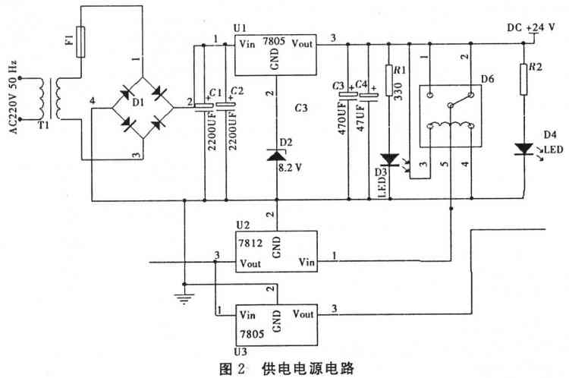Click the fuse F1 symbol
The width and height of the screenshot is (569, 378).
tap(80, 42)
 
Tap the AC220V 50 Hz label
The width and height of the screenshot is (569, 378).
tap(12, 97)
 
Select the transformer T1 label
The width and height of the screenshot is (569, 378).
tap(43, 125)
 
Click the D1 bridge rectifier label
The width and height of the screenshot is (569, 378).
tap(138, 102)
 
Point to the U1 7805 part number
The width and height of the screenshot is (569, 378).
tap(274, 41)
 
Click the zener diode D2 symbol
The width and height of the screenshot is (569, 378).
tap(276, 155)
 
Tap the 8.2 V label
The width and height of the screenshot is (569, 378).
tap(291, 168)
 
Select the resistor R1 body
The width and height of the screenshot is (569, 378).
tap(389, 80)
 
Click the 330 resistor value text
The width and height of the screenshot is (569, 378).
tap(398, 91)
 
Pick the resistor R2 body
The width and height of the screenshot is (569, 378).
tap(523, 79)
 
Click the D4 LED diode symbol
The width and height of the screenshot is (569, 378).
tap(523, 149)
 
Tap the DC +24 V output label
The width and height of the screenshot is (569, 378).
tap(531, 27)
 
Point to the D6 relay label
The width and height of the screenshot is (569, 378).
tap(487, 79)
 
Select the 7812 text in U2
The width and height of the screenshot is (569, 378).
tap(250, 243)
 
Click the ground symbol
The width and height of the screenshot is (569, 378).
tap(184, 298)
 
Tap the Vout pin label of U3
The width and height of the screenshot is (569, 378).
tap(303, 313)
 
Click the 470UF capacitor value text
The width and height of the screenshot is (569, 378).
tap(342, 118)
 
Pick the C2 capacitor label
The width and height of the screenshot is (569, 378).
tap(237, 91)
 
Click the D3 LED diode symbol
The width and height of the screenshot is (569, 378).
tap(390, 159)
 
